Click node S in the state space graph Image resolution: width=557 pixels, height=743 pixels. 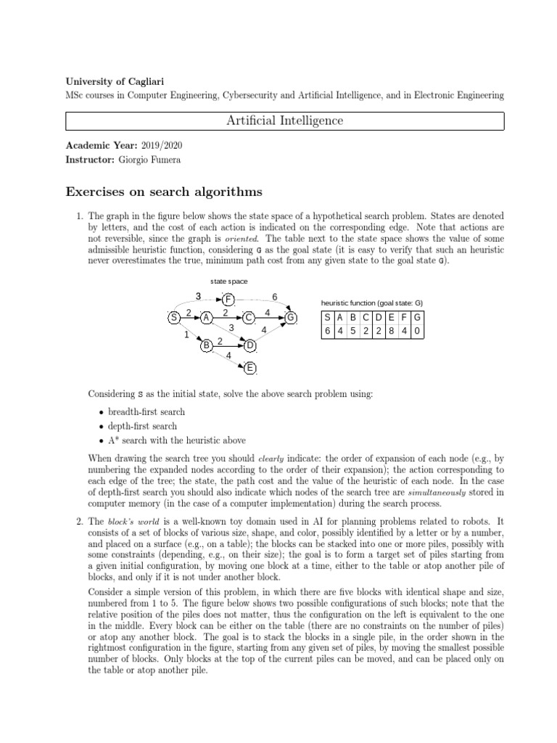coord(174,317)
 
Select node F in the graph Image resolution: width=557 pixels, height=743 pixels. coord(228,299)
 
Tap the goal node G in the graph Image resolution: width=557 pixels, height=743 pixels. coord(291,317)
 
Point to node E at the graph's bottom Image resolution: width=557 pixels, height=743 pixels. coord(249,368)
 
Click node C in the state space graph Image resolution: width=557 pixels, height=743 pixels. coord(249,317)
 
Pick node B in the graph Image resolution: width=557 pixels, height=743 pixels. coord(207,345)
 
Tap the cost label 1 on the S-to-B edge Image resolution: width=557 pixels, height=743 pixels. coord(186,335)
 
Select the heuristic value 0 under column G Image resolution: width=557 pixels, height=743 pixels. coord(417,331)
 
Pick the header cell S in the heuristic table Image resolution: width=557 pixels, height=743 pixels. coord(327,317)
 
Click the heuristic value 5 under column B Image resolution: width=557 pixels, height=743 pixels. coord(353,331)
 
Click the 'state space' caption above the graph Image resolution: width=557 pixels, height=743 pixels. coord(229,280)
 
